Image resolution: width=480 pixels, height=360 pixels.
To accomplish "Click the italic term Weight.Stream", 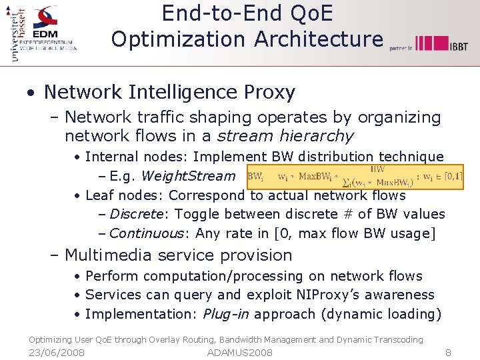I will [x=189, y=177].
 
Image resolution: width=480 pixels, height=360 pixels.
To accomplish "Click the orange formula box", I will [x=345, y=176].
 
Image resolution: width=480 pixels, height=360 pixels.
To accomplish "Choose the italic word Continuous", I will [x=147, y=233].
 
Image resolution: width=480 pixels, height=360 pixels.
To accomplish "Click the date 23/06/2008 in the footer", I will [x=57, y=352].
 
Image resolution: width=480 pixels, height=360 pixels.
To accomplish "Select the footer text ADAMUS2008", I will [x=240, y=352].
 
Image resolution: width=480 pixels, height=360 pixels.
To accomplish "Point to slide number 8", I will [x=448, y=352].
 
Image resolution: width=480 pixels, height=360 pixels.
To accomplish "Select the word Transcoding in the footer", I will [x=397, y=340].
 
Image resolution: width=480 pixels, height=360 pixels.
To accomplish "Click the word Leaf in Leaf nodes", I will [x=99, y=195].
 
